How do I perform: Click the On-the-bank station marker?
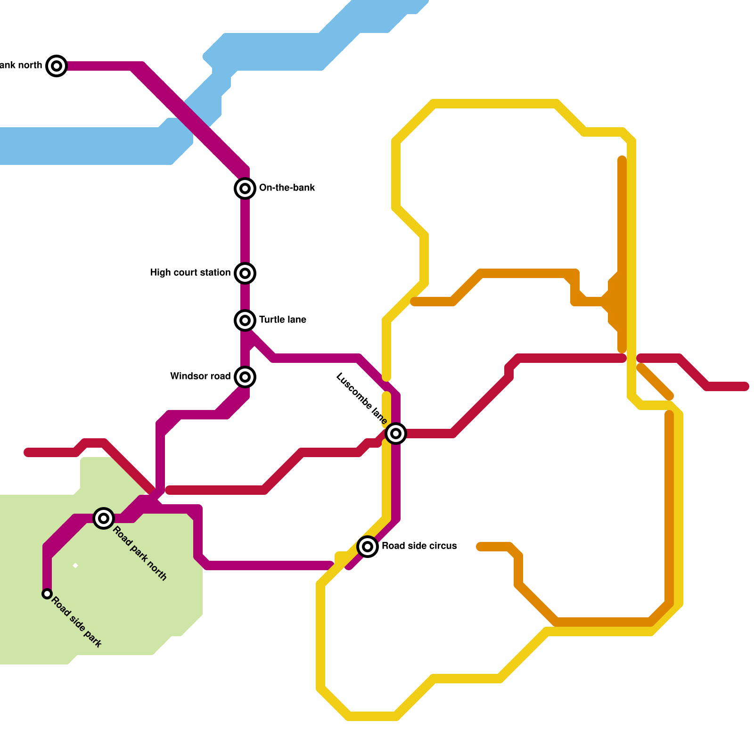(245, 188)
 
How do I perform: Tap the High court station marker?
(245, 273)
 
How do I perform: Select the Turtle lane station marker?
(245, 320)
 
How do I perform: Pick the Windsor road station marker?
(245, 377)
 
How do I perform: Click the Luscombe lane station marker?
(396, 434)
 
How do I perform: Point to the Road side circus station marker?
(368, 547)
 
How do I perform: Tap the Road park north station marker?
(104, 518)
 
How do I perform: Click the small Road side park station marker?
(47, 594)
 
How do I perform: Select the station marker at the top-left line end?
(57, 66)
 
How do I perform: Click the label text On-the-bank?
(287, 188)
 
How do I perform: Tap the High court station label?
(190, 273)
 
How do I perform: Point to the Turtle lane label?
(283, 320)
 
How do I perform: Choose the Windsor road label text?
(200, 377)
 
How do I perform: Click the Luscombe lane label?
(362, 399)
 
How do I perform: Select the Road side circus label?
(419, 546)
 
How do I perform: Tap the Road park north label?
(140, 553)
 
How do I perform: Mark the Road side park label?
(77, 622)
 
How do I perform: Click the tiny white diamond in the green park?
(75, 565)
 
